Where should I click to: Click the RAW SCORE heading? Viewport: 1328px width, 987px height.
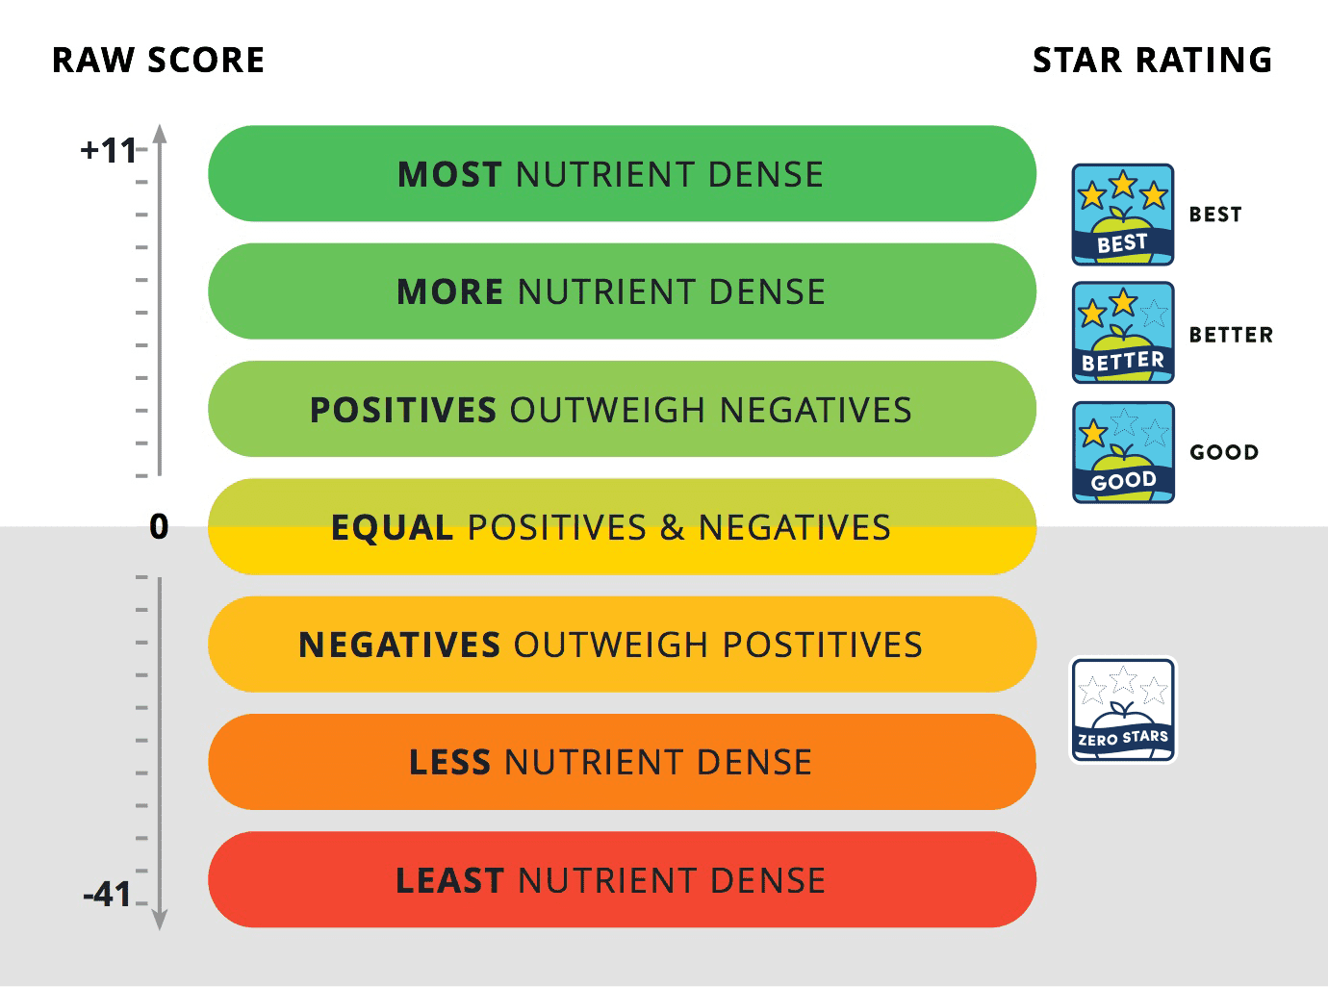[x=158, y=61]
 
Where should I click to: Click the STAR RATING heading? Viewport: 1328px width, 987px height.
[x=1152, y=61]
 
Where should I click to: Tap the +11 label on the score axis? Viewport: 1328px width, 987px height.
[x=109, y=151]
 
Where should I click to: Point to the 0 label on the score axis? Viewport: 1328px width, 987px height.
[x=159, y=527]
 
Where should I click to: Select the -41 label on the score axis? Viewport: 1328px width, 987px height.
[x=108, y=895]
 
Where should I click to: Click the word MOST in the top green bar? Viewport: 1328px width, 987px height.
[x=449, y=175]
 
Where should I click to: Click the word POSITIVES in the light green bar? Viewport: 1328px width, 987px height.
[x=402, y=411]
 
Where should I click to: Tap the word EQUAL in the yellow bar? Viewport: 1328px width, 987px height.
[x=392, y=528]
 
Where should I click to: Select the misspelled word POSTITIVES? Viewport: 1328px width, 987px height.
[x=823, y=645]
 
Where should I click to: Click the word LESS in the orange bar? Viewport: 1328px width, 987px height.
[x=450, y=763]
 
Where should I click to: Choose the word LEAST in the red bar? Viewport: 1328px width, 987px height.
[x=449, y=881]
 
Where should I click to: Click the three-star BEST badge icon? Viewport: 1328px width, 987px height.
[x=1123, y=215]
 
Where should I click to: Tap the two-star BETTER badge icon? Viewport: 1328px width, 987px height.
[x=1123, y=333]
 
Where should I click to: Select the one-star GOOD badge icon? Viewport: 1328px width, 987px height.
[x=1123, y=452]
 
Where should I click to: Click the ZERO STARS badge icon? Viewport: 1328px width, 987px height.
[x=1123, y=710]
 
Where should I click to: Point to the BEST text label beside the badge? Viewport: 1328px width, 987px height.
[x=1215, y=215]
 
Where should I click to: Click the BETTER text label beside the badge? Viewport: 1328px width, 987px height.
[x=1231, y=335]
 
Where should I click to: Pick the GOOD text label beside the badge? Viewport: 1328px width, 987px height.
[x=1224, y=452]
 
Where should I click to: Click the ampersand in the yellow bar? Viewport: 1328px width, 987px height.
[x=672, y=528]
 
